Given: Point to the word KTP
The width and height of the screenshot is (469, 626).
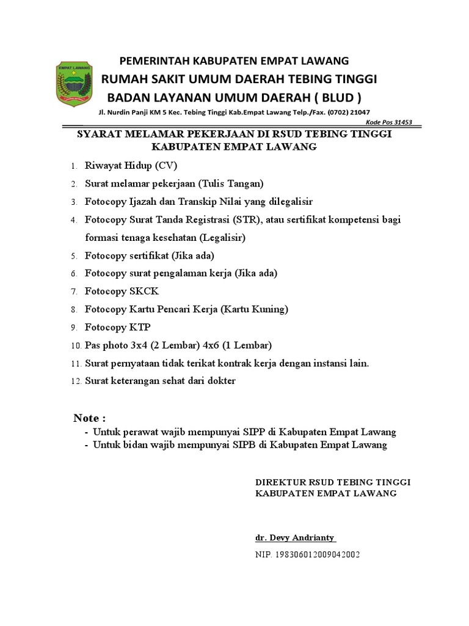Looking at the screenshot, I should [139, 327].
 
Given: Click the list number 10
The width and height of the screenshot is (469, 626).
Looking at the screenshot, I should [76, 346].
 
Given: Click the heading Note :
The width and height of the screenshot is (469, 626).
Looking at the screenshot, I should [90, 419].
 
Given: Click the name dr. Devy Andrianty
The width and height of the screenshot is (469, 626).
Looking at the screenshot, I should [295, 538].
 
